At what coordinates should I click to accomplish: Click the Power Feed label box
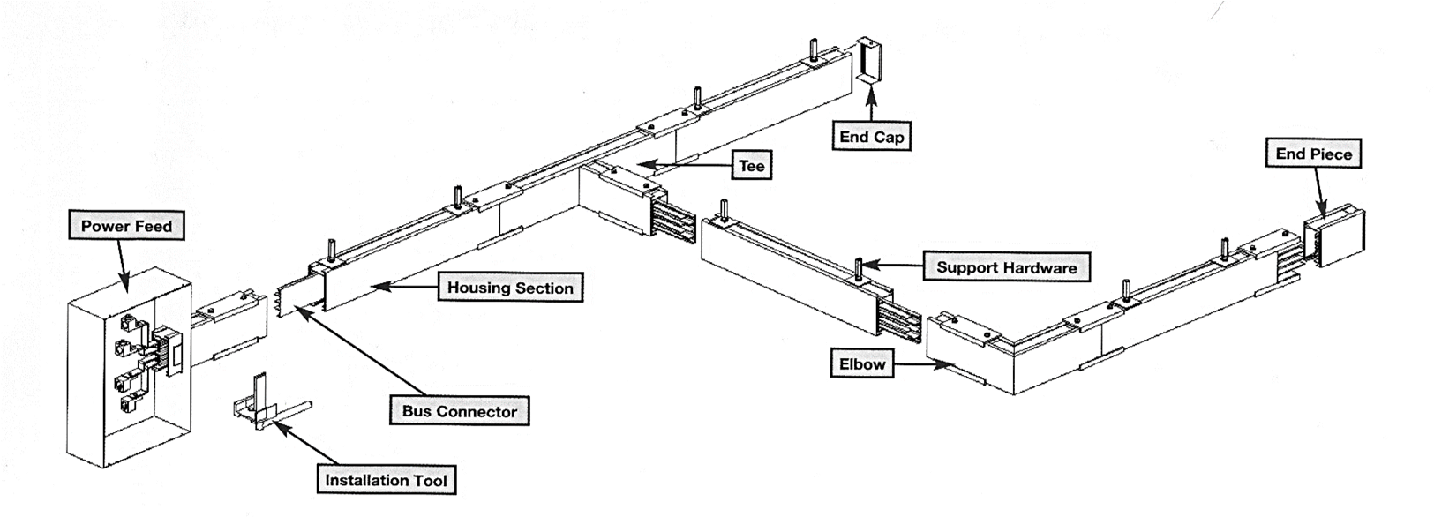point(126,227)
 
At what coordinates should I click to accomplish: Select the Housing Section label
point(510,288)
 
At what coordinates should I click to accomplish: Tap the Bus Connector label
point(460,411)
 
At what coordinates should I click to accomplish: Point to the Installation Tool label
point(387,481)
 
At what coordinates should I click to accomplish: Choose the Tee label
point(752,166)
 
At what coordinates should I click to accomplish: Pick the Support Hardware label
point(1006,267)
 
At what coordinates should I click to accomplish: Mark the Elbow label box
point(862,363)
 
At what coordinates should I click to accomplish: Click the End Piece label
point(1313,154)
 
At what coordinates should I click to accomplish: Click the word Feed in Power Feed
point(151,227)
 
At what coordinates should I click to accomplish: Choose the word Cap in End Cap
point(890,137)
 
